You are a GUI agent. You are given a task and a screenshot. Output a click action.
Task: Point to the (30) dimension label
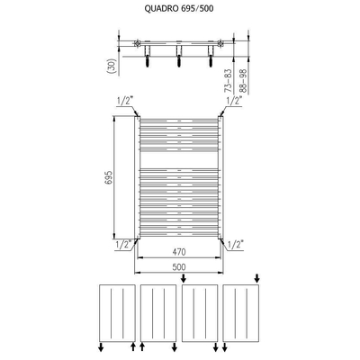coord(108,64)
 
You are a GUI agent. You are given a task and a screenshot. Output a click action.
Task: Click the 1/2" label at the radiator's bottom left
coord(123,242)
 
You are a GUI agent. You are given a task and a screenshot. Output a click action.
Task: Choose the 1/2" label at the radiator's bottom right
coord(236,243)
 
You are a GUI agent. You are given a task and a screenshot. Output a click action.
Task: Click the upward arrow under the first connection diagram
coord(133,346)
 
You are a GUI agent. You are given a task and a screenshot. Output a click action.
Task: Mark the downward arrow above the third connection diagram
coord(186,278)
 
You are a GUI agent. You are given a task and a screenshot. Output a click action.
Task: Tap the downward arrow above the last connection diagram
coord(258,278)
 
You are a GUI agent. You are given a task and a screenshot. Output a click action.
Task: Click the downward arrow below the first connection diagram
coord(99,346)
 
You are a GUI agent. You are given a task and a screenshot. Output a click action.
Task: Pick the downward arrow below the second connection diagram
coord(142,346)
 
